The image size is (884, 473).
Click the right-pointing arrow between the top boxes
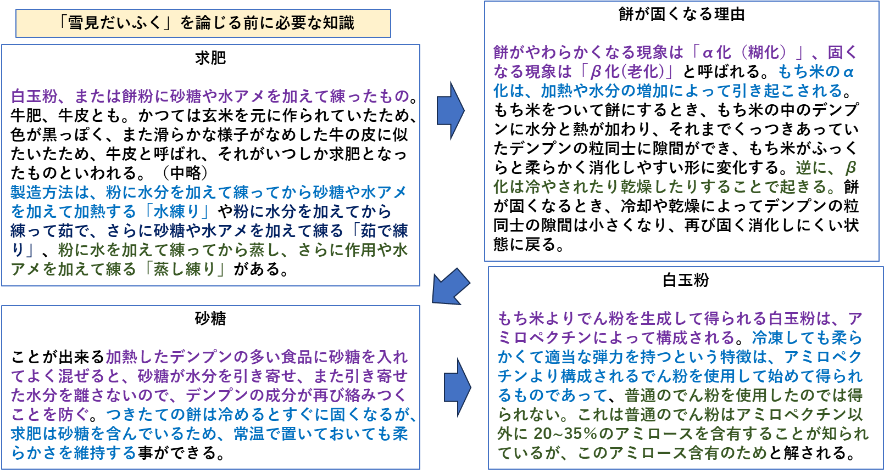pos(450,110)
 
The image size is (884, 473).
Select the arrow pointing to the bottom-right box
pos(457,387)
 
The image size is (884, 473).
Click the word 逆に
pos(811,168)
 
